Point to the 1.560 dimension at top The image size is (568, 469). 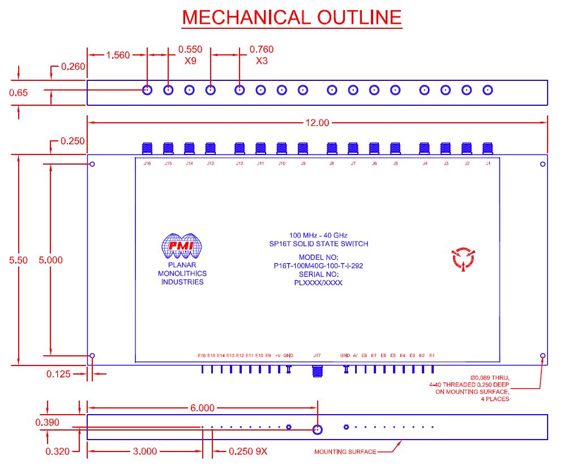click(118, 55)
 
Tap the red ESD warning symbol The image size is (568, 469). click(462, 258)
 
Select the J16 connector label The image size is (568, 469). click(147, 163)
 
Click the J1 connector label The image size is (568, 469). click(488, 163)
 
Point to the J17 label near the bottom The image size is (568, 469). click(317, 355)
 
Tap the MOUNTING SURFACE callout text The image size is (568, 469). click(345, 451)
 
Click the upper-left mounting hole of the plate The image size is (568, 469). click(92, 165)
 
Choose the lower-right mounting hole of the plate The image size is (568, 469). click(543, 356)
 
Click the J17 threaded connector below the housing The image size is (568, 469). click(318, 371)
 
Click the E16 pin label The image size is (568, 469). click(202, 355)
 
